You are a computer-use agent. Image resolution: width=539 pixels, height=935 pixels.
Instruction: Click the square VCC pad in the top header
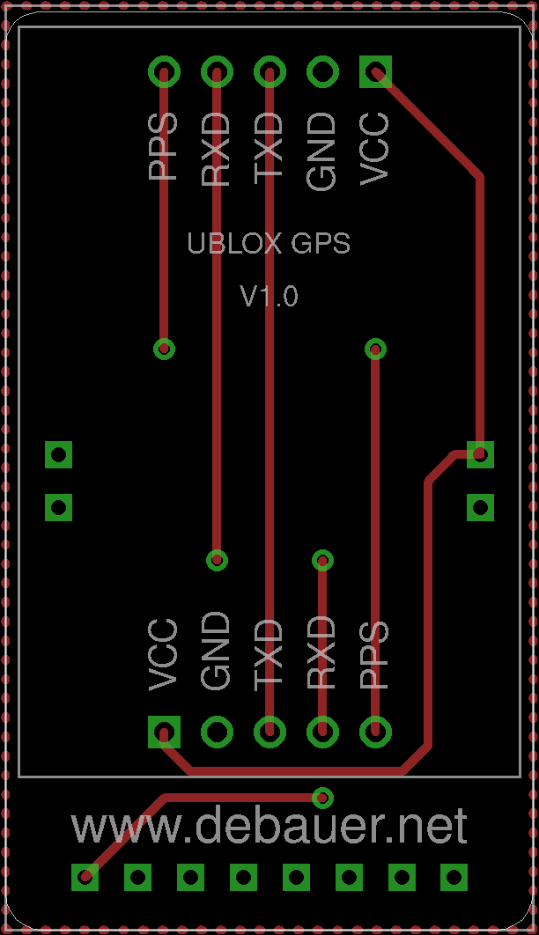tap(376, 71)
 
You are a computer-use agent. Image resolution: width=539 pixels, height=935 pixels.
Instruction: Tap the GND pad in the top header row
tap(322, 71)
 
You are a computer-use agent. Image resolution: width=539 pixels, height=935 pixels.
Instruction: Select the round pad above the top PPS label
tap(164, 71)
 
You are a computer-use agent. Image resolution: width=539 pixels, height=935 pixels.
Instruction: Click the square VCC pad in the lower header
tap(164, 732)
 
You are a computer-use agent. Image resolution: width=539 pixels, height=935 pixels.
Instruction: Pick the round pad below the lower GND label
tap(217, 732)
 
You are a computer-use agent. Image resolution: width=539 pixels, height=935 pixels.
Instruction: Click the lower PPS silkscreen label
tap(375, 656)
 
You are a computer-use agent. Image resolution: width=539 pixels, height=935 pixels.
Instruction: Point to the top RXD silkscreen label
tap(216, 149)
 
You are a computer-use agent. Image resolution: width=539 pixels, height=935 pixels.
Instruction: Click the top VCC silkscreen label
tap(375, 149)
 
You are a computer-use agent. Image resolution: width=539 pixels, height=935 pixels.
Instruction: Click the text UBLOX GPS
tap(269, 243)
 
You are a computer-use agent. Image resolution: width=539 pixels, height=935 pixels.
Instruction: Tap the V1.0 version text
tap(269, 296)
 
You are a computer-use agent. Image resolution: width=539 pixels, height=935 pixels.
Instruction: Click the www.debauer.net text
tap(269, 827)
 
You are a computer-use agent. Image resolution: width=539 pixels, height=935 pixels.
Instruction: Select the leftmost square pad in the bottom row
tap(85, 877)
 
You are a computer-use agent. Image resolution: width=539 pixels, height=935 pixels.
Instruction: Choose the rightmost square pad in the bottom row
tap(454, 877)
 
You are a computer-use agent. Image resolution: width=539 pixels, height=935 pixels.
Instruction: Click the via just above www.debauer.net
tap(322, 798)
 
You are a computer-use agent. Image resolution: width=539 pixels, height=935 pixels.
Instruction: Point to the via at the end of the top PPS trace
tap(164, 349)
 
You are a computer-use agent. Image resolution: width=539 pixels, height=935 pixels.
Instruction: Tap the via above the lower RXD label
tap(322, 560)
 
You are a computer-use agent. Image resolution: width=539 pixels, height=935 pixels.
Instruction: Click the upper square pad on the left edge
tap(58, 455)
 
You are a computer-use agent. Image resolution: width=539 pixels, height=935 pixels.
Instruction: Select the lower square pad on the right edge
tap(481, 507)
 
